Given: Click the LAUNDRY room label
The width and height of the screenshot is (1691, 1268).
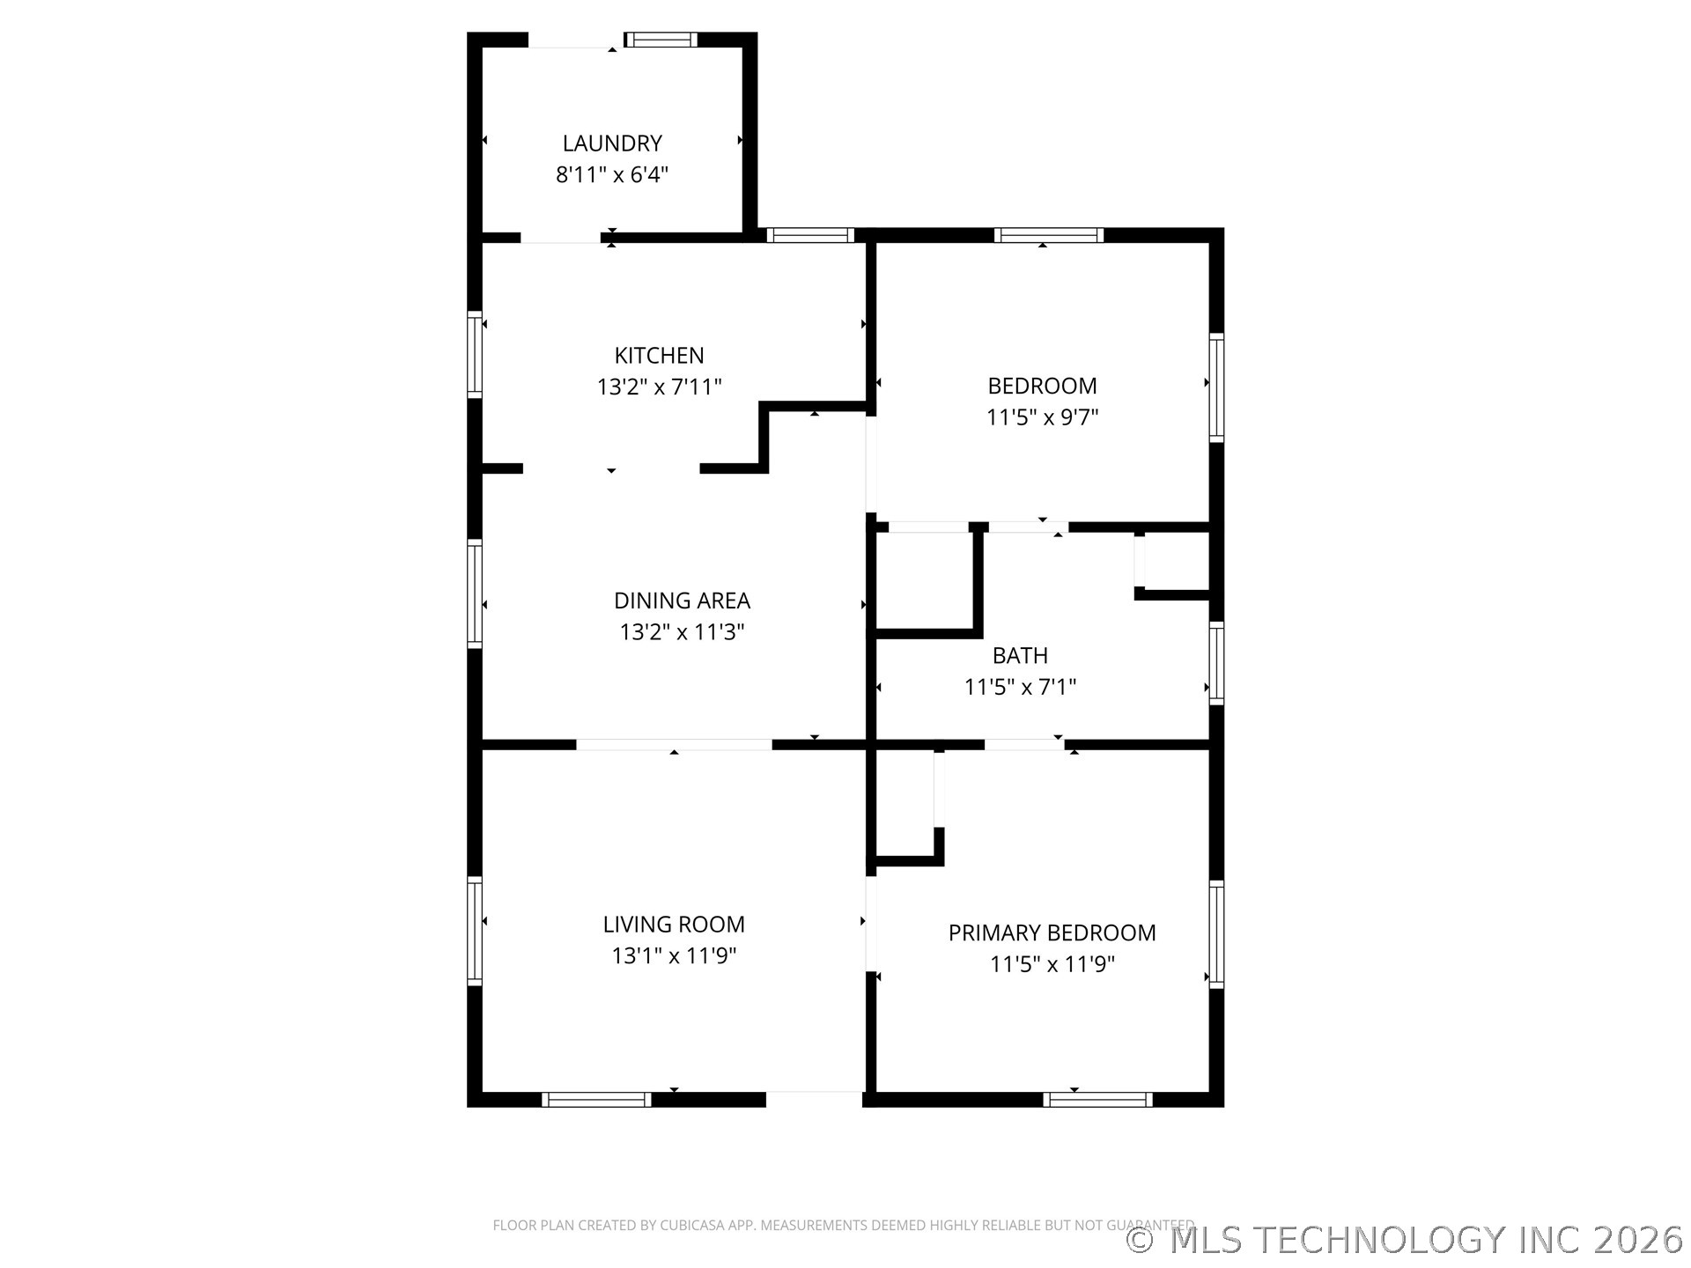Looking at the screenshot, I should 612,144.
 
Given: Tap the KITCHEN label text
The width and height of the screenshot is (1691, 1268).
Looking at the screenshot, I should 659,356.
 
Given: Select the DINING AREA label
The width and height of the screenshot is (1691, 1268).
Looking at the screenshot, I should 682,601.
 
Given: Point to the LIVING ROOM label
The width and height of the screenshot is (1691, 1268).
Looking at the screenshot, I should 674,925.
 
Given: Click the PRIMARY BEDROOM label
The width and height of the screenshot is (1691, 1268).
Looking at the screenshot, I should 1052,933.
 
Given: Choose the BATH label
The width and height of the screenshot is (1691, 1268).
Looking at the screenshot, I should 1020,656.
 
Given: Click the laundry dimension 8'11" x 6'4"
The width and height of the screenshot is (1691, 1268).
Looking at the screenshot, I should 612,174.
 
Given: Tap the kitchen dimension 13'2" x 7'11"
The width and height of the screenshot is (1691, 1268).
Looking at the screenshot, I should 659,387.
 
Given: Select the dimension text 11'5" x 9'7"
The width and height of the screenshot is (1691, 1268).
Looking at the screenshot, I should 1042,417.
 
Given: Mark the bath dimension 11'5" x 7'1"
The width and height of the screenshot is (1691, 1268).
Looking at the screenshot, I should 1020,687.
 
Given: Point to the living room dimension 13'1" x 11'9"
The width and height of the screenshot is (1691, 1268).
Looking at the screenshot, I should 674,955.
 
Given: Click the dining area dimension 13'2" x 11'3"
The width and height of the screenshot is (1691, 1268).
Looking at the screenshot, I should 682,632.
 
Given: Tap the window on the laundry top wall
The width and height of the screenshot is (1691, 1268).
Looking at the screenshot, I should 661,40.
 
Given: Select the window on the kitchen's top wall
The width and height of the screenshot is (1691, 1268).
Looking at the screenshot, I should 809,235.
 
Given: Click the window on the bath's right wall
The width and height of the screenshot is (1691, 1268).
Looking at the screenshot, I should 1216,663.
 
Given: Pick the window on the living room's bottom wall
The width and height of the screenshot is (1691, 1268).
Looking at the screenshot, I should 596,1099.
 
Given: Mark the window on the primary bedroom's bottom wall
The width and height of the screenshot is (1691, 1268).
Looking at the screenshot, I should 1097,1099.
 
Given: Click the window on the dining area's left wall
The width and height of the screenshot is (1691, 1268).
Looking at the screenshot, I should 475,593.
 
